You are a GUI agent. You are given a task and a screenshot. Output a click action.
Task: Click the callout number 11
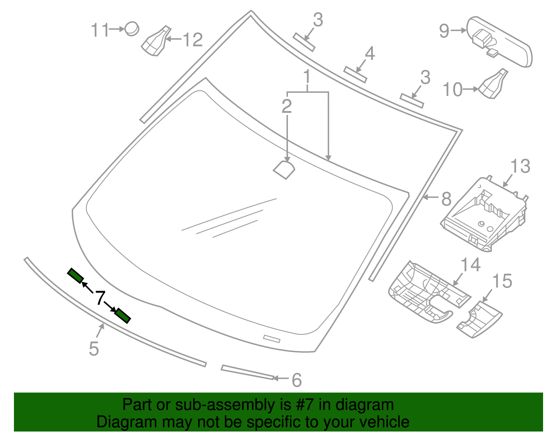[x=100, y=30]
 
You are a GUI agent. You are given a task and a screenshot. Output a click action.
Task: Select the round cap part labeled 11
[x=132, y=29]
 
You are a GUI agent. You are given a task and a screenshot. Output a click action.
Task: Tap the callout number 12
[x=193, y=39]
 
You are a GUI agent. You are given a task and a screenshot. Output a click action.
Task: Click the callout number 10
[x=453, y=90]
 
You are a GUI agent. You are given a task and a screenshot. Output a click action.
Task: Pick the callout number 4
[x=370, y=54]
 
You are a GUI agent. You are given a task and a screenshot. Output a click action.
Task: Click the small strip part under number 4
[x=355, y=75]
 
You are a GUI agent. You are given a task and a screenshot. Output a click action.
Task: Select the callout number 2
[x=287, y=106]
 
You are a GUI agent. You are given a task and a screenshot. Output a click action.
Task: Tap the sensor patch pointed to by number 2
[x=284, y=170]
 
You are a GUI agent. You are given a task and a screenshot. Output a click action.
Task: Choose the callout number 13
[x=520, y=166]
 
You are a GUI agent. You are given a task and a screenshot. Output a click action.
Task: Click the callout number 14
[x=471, y=264]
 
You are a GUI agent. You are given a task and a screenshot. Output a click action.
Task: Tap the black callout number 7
[x=100, y=298]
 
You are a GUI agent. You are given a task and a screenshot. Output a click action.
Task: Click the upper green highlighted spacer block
[x=75, y=276]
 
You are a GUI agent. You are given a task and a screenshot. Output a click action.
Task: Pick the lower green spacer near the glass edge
[x=123, y=316]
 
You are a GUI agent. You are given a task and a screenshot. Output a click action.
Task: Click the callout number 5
[x=94, y=349]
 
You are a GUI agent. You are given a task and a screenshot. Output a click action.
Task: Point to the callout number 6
[x=297, y=380]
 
